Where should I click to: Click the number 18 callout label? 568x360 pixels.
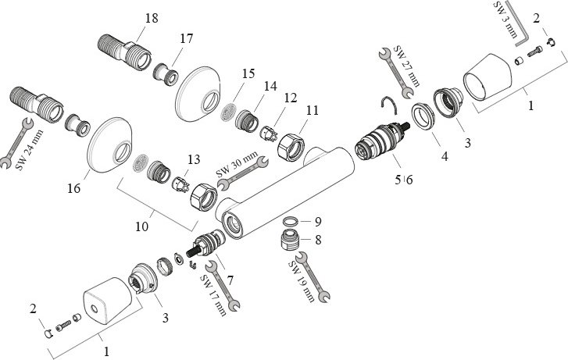coord(152,17)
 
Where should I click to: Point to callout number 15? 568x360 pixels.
coord(248,73)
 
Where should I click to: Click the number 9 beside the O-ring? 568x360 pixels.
coord(317,220)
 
